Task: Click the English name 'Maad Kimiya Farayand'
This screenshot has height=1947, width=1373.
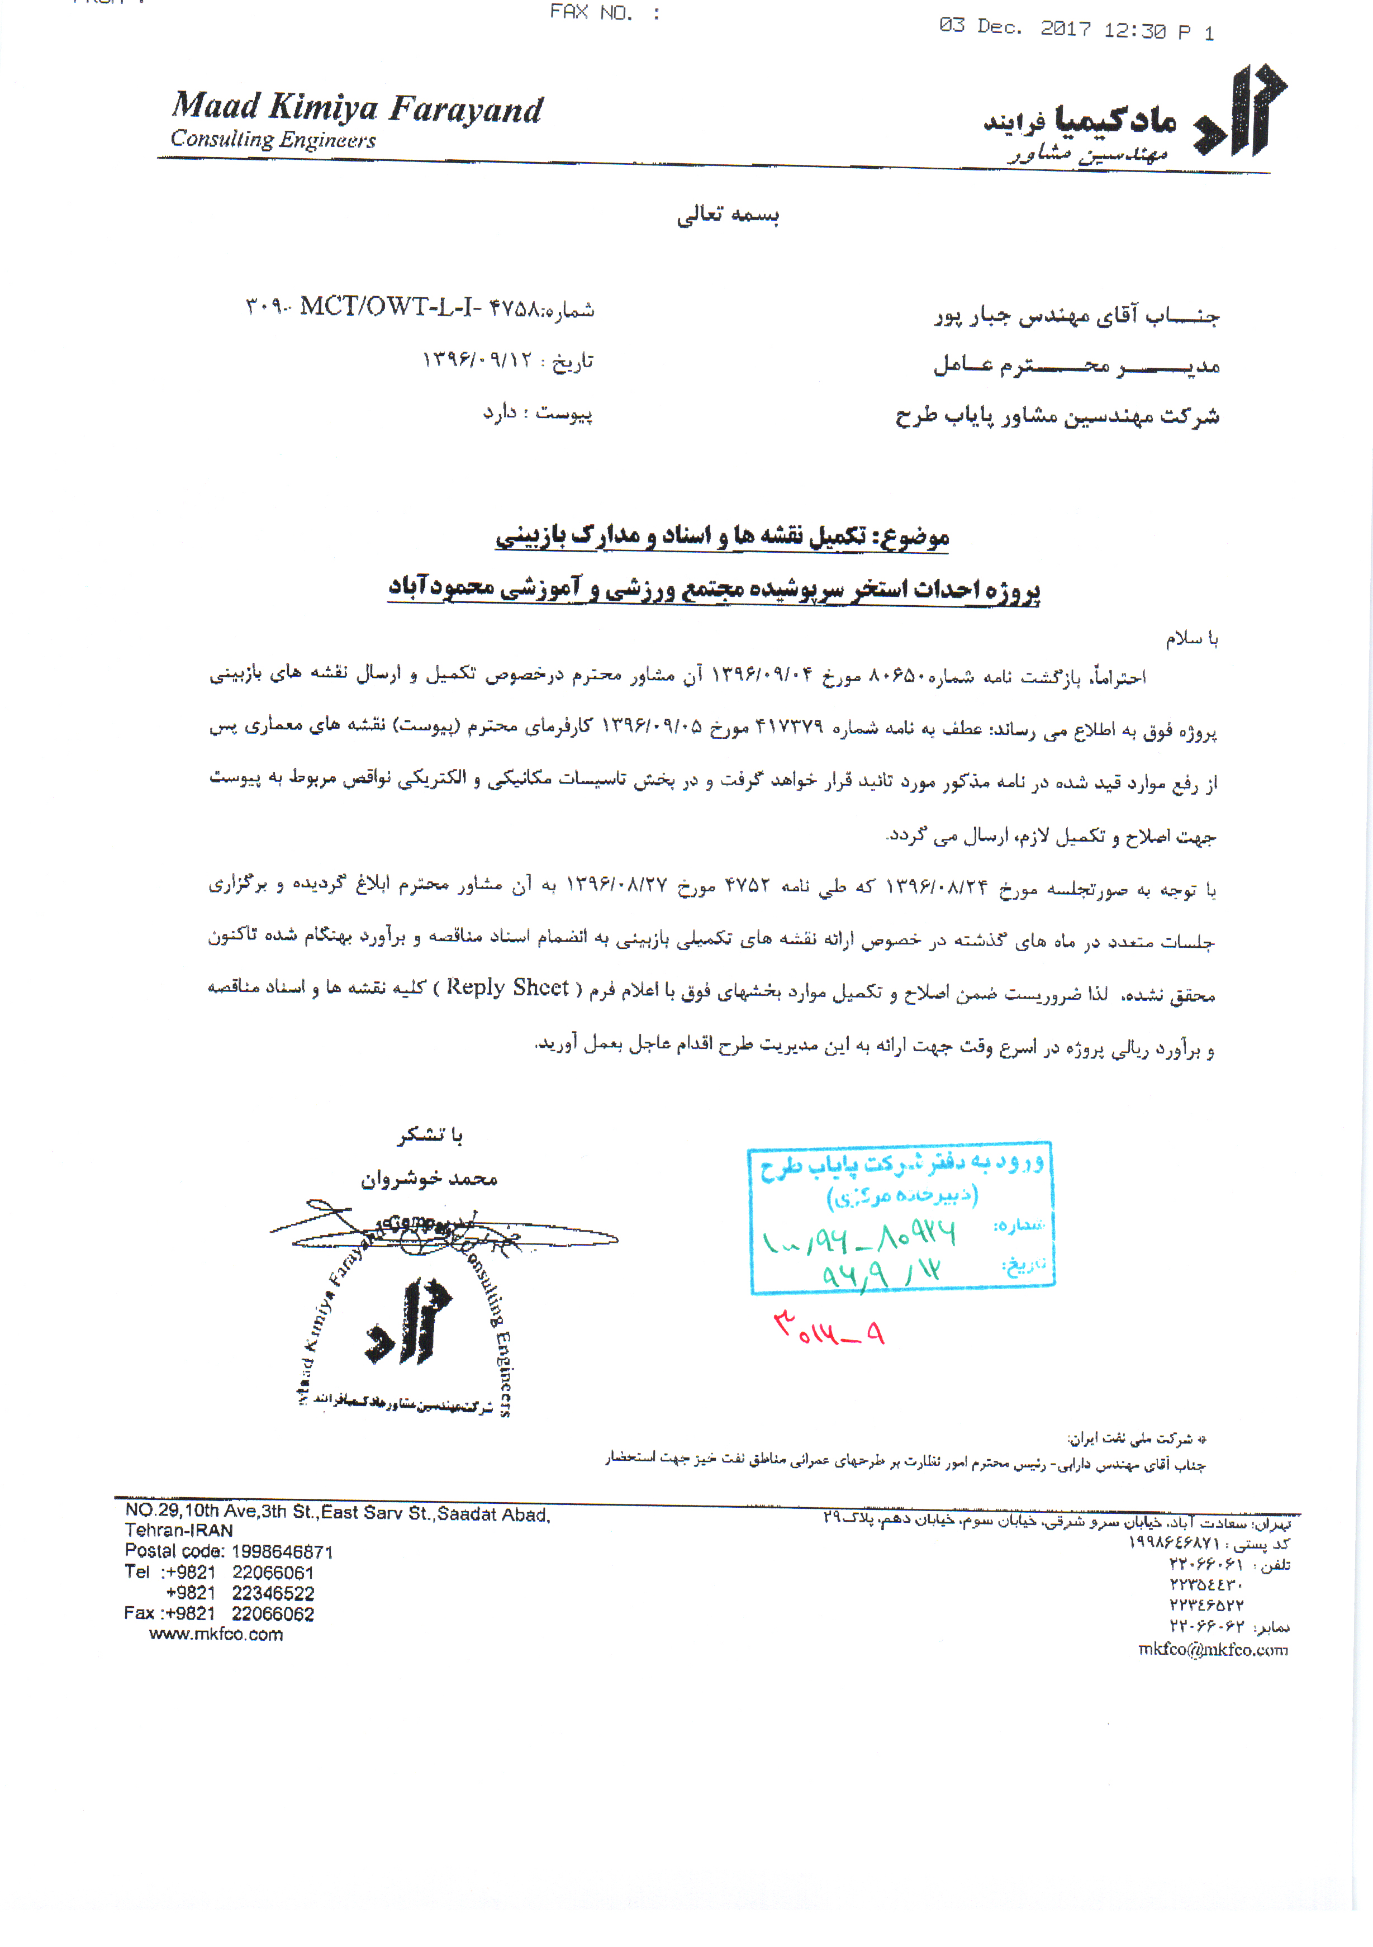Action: click(357, 108)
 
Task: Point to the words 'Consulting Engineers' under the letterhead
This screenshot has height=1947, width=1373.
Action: click(273, 140)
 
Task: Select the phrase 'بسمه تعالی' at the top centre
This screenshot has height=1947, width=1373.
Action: click(728, 215)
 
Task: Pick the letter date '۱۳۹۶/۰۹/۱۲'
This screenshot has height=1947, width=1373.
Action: click(477, 360)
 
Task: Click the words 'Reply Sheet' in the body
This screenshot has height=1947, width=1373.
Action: click(507, 988)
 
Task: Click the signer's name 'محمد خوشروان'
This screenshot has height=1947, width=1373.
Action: click(429, 1179)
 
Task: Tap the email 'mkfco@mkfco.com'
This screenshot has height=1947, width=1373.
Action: click(1213, 1649)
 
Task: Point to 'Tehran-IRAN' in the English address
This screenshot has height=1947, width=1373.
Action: click(179, 1531)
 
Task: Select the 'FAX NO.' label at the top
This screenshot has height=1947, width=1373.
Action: click(591, 13)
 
